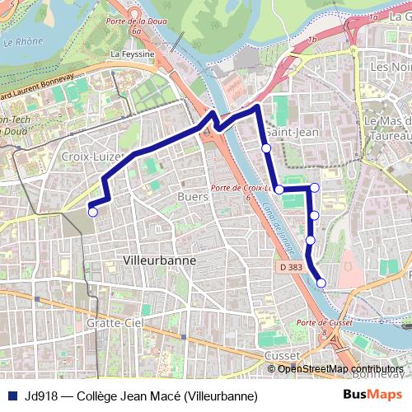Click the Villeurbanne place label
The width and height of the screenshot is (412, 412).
click(x=159, y=259)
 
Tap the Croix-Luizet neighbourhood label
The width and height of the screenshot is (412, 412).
click(x=92, y=155)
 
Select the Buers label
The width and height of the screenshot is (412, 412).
click(x=192, y=197)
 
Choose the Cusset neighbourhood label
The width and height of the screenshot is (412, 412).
click(x=283, y=354)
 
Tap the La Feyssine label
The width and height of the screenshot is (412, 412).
click(x=132, y=54)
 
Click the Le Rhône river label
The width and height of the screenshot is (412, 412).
click(x=22, y=41)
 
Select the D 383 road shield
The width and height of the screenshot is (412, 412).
click(x=291, y=267)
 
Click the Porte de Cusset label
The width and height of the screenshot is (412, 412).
click(x=319, y=322)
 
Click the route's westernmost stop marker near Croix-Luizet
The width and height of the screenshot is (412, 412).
click(x=92, y=212)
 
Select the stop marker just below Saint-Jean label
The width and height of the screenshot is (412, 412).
click(x=266, y=148)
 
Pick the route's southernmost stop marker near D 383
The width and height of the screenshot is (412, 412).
click(x=321, y=283)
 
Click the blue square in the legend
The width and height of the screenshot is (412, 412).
click(x=12, y=396)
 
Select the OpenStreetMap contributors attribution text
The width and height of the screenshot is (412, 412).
click(x=340, y=368)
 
